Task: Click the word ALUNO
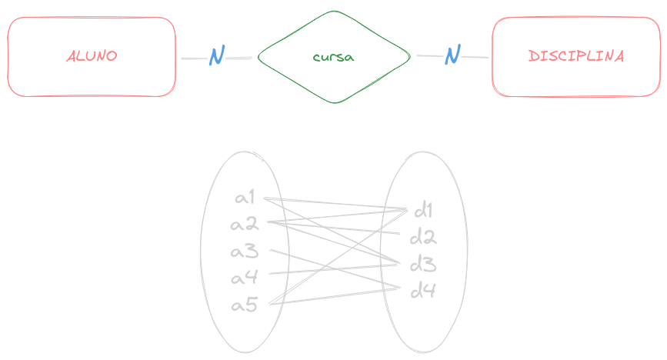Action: pyautogui.click(x=92, y=57)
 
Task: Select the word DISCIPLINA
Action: pyautogui.click(x=576, y=57)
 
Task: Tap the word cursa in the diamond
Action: pyautogui.click(x=333, y=58)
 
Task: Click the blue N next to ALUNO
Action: pyautogui.click(x=216, y=56)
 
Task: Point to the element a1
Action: pyautogui.click(x=245, y=198)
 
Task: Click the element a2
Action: pyautogui.click(x=245, y=225)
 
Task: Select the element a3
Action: pyautogui.click(x=245, y=252)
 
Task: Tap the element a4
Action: pyautogui.click(x=245, y=277)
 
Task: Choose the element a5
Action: pyautogui.click(x=245, y=305)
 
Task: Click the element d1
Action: pyautogui.click(x=423, y=210)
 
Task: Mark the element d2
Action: pyautogui.click(x=423, y=237)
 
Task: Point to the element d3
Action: pyautogui.click(x=423, y=265)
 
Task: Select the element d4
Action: pyautogui.click(x=423, y=291)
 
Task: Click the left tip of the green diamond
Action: pyautogui.click(x=258, y=58)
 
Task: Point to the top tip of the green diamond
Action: pyautogui.click(x=334, y=12)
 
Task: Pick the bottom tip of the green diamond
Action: pyautogui.click(x=334, y=103)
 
